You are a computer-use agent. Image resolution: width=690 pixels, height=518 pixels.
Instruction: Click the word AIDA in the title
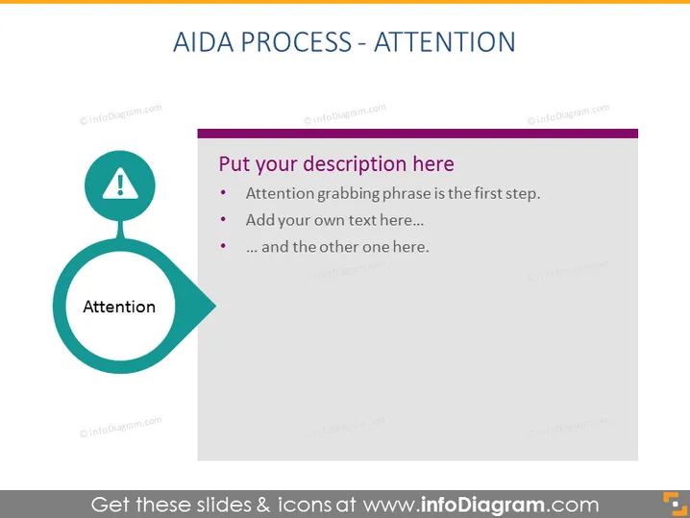204,42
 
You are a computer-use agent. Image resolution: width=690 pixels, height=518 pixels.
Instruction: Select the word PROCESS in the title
296,42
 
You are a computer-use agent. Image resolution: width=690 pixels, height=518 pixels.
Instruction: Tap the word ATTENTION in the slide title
444,42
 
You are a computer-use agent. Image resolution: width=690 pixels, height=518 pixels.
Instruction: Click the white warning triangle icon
120,184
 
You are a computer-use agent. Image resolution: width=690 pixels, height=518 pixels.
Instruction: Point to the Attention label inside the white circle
119,307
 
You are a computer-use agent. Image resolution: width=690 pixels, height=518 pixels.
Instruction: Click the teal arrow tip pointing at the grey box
215,306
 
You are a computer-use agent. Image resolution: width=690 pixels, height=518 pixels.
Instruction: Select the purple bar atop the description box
418,134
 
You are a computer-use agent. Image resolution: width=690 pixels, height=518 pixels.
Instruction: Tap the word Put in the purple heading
234,164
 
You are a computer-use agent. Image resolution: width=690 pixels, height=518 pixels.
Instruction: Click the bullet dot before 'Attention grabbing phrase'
223,192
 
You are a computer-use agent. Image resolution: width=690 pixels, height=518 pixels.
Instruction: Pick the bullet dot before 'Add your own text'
223,219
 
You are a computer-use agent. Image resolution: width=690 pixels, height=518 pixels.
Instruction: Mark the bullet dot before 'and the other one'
223,246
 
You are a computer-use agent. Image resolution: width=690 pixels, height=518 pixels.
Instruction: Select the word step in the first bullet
523,194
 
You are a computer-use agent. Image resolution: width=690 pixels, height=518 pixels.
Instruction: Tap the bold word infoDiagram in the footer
482,505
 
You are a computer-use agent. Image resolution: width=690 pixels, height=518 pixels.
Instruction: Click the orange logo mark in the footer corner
675,503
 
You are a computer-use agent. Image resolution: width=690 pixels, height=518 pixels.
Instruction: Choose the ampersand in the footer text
263,505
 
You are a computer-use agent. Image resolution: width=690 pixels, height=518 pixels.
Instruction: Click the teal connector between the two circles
120,230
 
